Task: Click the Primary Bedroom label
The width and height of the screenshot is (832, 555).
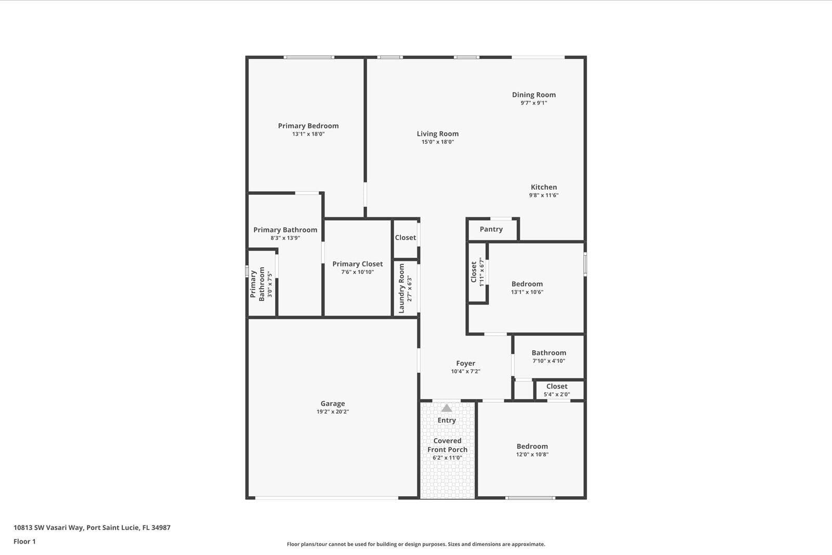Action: (x=308, y=126)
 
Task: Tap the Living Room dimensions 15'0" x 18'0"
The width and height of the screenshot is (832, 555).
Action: (x=437, y=142)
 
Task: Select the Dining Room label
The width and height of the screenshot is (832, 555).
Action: (x=534, y=95)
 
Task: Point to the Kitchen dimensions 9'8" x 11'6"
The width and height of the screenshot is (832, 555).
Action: (x=544, y=195)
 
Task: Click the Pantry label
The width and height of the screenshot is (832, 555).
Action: (x=491, y=229)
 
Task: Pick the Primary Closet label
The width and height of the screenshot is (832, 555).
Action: (x=357, y=264)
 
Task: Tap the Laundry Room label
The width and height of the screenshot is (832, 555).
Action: (x=401, y=288)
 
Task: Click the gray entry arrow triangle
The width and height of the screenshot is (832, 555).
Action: (x=447, y=408)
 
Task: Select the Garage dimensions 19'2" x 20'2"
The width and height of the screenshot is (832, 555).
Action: (x=333, y=412)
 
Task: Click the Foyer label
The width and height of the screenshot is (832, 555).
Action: (x=465, y=363)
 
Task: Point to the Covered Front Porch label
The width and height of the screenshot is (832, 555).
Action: (x=447, y=445)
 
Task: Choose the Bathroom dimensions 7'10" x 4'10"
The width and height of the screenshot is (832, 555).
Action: (x=549, y=361)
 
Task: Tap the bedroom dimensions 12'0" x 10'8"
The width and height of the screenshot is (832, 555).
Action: (x=532, y=454)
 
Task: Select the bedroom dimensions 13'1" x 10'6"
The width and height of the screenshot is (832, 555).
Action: (x=527, y=292)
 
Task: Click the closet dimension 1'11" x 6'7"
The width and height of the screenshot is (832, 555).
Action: (x=482, y=272)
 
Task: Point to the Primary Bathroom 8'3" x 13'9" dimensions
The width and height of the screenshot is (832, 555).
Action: (x=285, y=238)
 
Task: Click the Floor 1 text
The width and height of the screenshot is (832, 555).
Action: (x=24, y=541)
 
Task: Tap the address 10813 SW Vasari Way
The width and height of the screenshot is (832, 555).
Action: (x=48, y=527)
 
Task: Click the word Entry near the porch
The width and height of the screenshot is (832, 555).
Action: (x=447, y=420)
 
